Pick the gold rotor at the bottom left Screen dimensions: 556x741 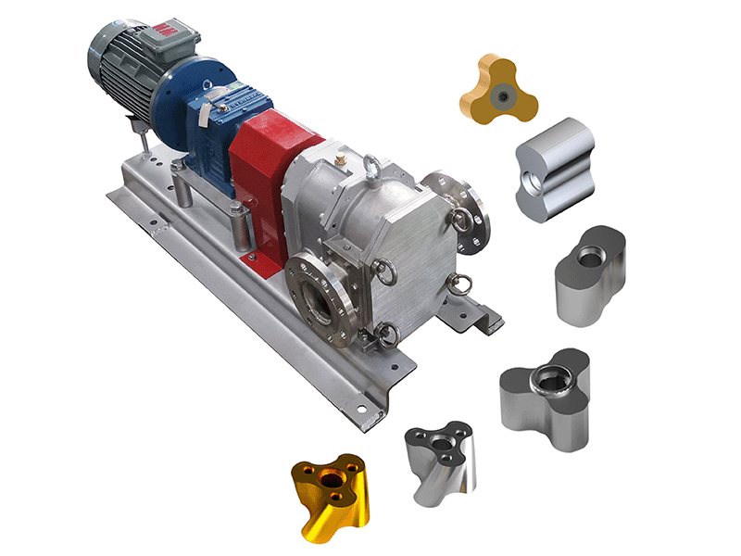333,496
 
